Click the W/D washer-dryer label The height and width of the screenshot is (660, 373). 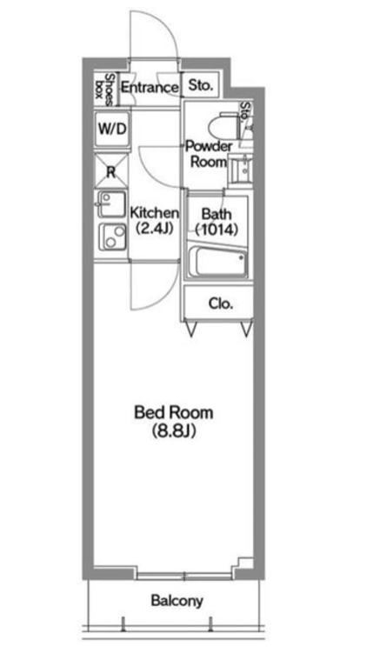pos(112,129)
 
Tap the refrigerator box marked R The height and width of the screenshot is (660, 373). pos(111,171)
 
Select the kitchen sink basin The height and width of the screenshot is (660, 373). pos(111,204)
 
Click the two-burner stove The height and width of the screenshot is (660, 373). pos(112,237)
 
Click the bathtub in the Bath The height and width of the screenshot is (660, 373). pos(216,262)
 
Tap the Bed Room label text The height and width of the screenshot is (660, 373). pos(173,412)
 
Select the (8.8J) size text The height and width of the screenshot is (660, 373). pos(173,431)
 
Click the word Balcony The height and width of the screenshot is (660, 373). pos(177,601)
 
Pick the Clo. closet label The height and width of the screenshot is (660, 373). pos(221,303)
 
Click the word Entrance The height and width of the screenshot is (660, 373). pos(150,88)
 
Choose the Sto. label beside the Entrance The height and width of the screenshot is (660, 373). pos(200,86)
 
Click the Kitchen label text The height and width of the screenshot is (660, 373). pos(155,212)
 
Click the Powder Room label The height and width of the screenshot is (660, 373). pos(209,155)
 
